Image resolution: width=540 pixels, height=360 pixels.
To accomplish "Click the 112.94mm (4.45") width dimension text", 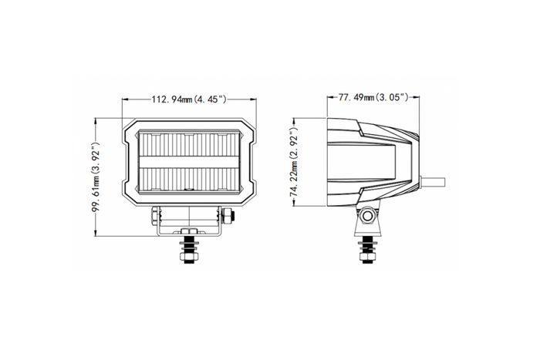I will pos(188,99).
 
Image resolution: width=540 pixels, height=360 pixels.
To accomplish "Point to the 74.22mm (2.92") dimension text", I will pos(294,163).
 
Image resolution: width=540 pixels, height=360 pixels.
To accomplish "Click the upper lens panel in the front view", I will pos(188,146).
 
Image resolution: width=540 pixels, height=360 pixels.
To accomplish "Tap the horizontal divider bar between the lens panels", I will pos(188,163).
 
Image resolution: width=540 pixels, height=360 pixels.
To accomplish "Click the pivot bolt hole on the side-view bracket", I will pos(368,217).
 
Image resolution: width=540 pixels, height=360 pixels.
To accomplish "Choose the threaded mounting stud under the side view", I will pos(368,247).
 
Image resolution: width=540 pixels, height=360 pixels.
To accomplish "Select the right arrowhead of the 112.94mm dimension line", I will pos(251,99).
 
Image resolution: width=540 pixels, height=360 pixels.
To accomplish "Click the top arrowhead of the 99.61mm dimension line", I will pos(96,119).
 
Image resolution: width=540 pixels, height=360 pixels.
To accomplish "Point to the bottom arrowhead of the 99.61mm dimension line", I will pos(96,236).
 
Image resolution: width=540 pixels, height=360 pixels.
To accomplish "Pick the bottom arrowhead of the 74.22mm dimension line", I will pos(294,206).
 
